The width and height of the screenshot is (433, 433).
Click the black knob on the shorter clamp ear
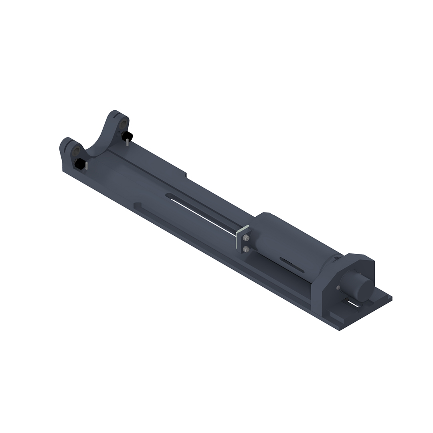pyautogui.click(x=80, y=164)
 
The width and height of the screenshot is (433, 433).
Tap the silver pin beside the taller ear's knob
pyautogui.click(x=127, y=142)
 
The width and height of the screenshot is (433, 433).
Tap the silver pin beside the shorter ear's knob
pyautogui.click(x=87, y=166)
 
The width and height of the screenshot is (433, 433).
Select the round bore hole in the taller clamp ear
pyautogui.click(x=123, y=122)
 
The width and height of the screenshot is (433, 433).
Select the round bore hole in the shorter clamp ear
pyautogui.click(x=75, y=151)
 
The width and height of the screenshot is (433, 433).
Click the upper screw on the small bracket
pyautogui.click(x=247, y=238)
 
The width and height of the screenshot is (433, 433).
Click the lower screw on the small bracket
pyautogui.click(x=246, y=249)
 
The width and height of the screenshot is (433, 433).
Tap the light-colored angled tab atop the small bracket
pyautogui.click(x=243, y=229)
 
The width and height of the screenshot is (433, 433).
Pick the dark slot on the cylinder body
pyautogui.click(x=292, y=265)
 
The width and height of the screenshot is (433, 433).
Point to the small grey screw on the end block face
pyautogui.click(x=338, y=287)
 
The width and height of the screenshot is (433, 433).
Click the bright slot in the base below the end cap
pyautogui.click(x=353, y=304)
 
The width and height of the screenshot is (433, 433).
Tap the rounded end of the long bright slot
pyautogui.click(x=169, y=196)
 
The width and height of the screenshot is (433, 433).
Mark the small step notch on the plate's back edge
pyautogui.click(x=186, y=175)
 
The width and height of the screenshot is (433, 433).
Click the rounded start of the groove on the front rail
pyautogui.click(x=138, y=205)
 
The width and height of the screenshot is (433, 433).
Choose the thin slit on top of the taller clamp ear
pyautogui.click(x=116, y=115)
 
